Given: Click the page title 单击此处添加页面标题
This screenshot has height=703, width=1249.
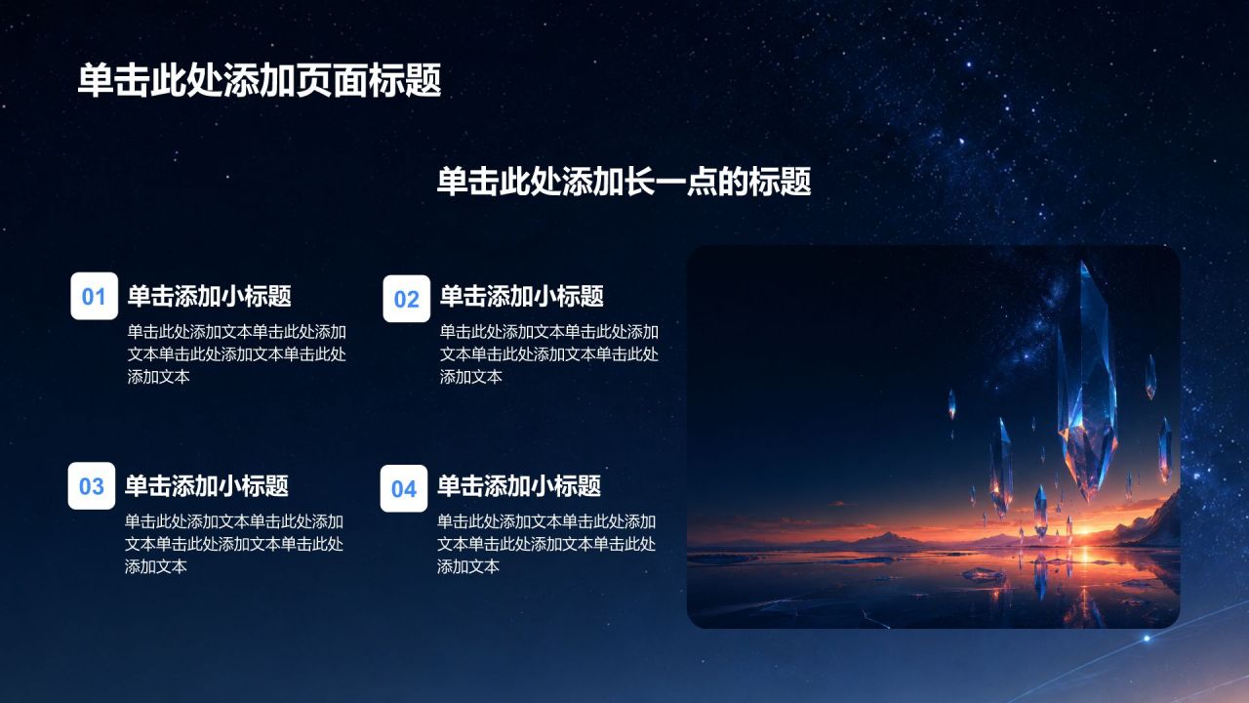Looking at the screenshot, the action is tap(260, 80).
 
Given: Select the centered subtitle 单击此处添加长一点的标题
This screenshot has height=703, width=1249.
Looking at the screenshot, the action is tap(624, 181).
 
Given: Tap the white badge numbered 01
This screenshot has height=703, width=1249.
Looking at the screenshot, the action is tap(95, 296).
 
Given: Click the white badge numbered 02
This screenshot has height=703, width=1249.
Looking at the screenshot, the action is tap(407, 299).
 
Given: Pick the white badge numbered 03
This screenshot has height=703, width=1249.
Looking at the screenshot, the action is tap(92, 485).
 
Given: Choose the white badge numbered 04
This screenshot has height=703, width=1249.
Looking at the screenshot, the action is tap(404, 488).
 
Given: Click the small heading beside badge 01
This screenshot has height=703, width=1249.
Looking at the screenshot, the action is tap(209, 296).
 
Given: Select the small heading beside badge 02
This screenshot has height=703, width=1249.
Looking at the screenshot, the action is tap(521, 296).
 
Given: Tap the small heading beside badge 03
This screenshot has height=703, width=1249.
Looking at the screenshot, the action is tap(206, 485).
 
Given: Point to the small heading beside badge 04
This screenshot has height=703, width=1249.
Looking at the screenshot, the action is tap(518, 485).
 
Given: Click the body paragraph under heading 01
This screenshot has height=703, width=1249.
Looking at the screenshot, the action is tap(237, 354).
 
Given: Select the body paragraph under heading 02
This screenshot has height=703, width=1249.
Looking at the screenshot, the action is tap(549, 354).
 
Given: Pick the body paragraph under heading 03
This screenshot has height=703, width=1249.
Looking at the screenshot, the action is tap(234, 544).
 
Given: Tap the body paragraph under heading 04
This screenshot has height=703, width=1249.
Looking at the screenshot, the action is tap(546, 544).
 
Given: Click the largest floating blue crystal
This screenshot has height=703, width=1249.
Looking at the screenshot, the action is tap(1087, 385).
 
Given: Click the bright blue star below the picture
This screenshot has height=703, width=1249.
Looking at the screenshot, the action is tap(1147, 639).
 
